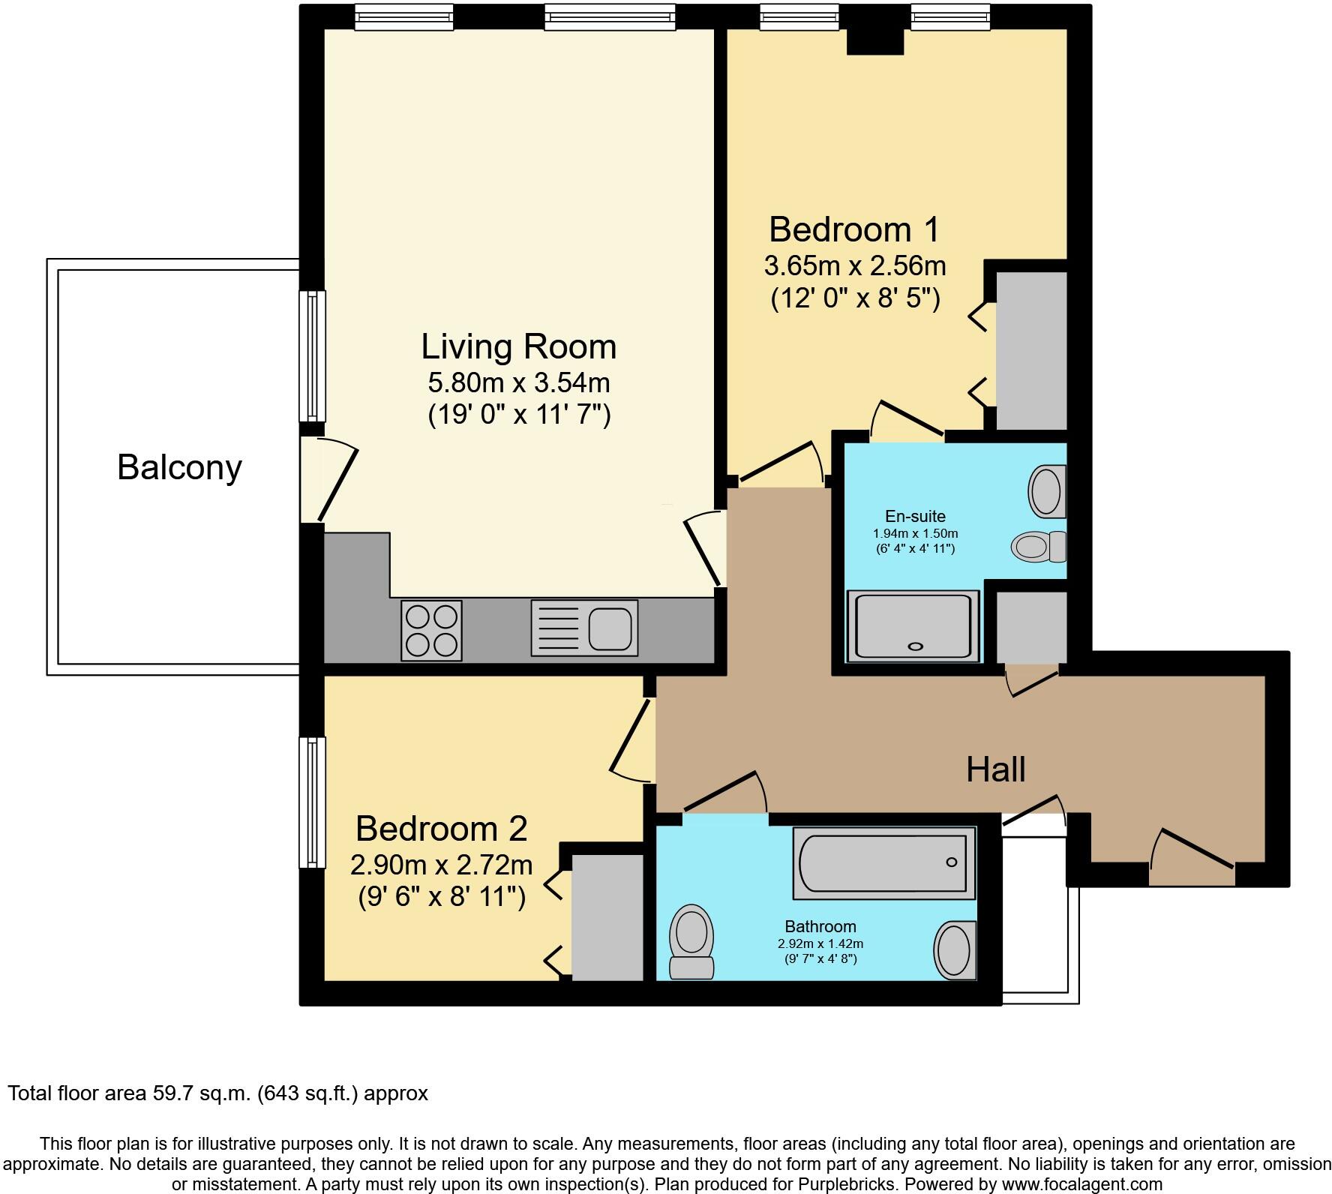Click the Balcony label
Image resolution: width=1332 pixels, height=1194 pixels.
(x=179, y=467)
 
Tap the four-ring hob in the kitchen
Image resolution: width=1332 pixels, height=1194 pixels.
(x=431, y=631)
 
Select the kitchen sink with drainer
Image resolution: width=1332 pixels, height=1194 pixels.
(x=584, y=628)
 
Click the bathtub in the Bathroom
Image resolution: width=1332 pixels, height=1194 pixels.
(x=884, y=862)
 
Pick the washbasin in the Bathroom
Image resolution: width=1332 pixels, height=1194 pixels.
(x=955, y=950)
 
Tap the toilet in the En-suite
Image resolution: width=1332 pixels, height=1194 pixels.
(x=1039, y=545)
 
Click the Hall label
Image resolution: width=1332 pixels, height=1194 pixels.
(x=995, y=769)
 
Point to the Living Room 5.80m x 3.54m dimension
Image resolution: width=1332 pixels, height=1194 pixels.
(x=519, y=382)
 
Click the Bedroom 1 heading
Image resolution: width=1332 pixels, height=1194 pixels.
(x=853, y=229)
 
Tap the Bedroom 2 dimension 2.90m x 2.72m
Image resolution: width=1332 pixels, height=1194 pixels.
(x=441, y=865)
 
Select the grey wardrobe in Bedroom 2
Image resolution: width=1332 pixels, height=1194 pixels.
(x=607, y=916)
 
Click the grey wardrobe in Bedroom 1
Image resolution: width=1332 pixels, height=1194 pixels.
(x=1031, y=351)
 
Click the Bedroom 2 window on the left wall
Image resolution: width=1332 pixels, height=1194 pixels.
(x=313, y=802)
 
